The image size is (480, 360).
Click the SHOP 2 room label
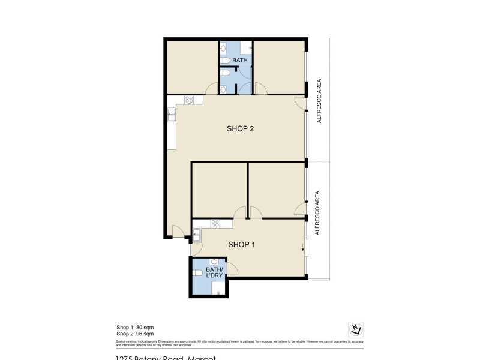pos(240,128)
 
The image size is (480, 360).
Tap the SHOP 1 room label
pos(242,244)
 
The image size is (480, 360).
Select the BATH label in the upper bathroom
pos(240,61)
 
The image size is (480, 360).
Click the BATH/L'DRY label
pos(214,272)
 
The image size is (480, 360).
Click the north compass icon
pos(356,329)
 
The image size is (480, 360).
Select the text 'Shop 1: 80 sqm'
pos(135,327)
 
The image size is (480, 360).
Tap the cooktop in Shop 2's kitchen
pos(189,100)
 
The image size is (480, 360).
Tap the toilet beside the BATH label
pos(224,61)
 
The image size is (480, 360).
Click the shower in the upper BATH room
pos(246,48)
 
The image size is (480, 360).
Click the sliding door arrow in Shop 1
pos(302,248)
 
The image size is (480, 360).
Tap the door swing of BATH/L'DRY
pos(232,268)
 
